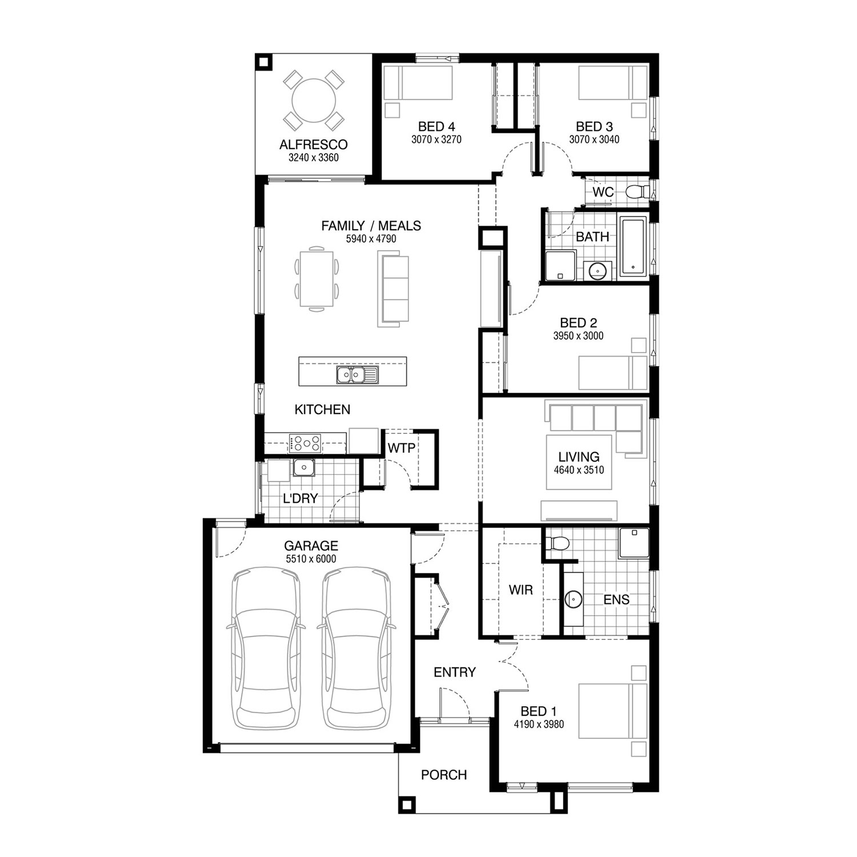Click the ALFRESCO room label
[313, 145]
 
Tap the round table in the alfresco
[314, 100]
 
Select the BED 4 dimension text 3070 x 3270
[436, 139]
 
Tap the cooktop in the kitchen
[305, 443]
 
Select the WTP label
[401, 448]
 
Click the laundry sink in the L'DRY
[303, 467]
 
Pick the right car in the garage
[355, 648]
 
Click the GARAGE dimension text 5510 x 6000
[311, 559]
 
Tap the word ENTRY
[454, 672]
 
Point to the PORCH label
[444, 775]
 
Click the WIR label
[520, 590]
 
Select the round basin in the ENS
[573, 599]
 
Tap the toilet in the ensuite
[556, 543]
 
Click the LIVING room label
[579, 457]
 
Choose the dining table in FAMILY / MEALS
[316, 278]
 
